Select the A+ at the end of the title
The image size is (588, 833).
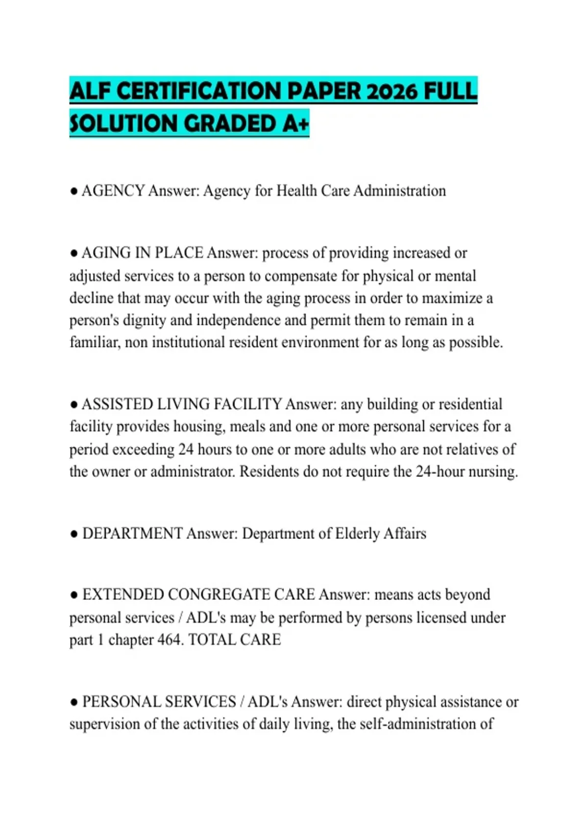tap(296, 123)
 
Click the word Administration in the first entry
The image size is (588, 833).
tap(399, 191)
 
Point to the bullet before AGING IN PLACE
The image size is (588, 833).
tap(74, 254)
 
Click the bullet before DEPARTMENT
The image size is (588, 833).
tap(74, 534)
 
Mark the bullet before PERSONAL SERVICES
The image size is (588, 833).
tap(74, 703)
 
